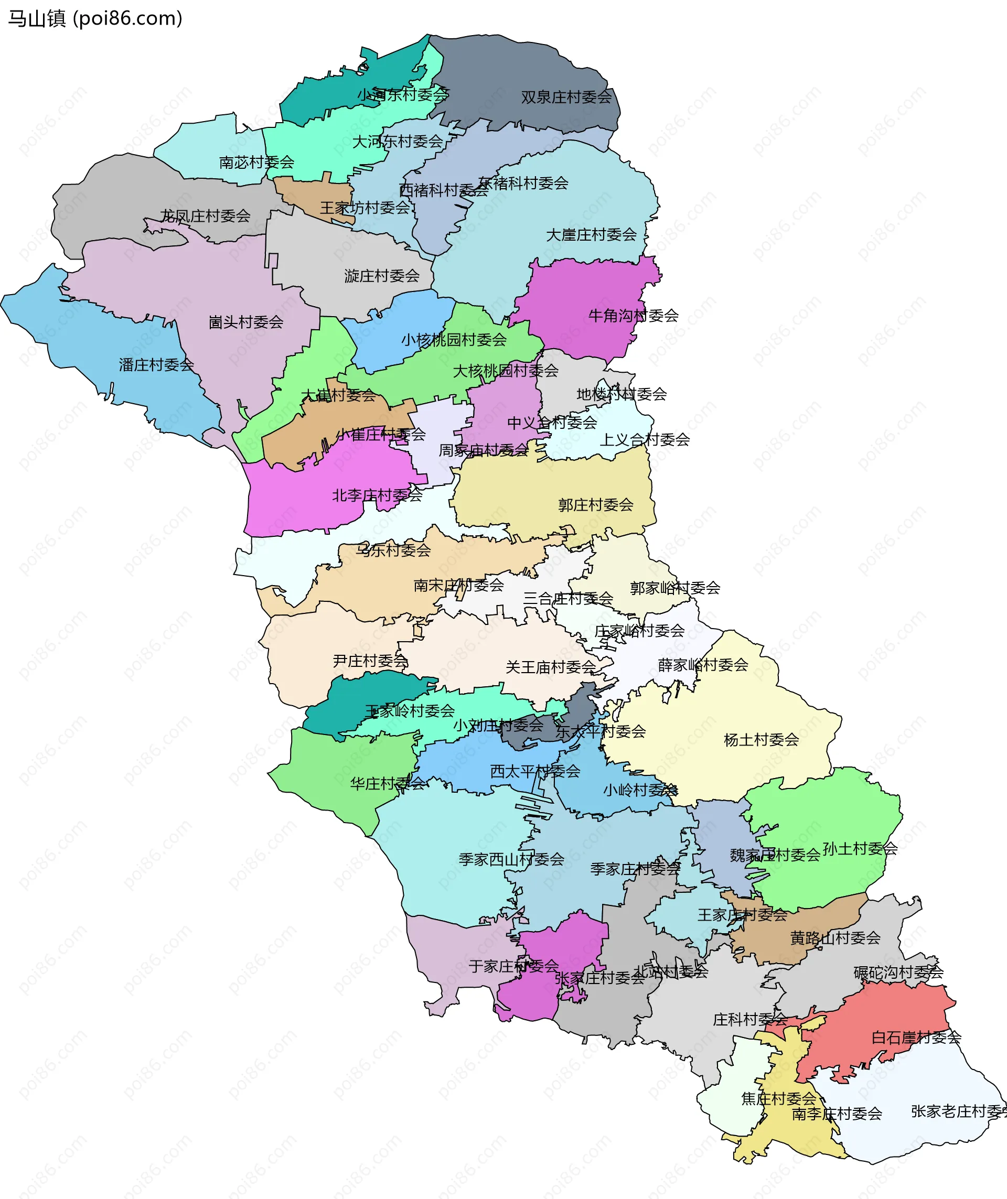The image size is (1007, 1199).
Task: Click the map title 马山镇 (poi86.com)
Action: point(95,18)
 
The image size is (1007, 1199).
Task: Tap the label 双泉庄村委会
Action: point(566,97)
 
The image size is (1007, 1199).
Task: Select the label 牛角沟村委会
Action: point(633,316)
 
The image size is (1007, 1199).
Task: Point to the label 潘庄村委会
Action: point(156,365)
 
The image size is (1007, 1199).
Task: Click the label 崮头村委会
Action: point(245,322)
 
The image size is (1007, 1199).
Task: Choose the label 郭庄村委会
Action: point(595,505)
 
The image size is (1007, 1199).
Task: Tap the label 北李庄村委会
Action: point(377,495)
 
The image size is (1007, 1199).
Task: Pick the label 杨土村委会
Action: point(761,740)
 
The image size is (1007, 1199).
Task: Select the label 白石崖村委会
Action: point(916,1038)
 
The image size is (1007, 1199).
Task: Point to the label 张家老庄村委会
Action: point(957,1111)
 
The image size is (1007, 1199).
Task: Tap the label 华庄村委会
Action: point(387,783)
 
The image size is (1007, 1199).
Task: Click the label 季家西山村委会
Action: point(511,859)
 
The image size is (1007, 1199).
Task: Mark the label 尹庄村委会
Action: point(370,661)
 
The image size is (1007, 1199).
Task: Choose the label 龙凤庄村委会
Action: point(205,216)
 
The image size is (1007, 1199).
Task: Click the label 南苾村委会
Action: point(256,163)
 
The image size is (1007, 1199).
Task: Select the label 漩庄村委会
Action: point(381,276)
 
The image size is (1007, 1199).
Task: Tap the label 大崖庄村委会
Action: point(591,235)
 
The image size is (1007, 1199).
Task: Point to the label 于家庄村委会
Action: point(513,966)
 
